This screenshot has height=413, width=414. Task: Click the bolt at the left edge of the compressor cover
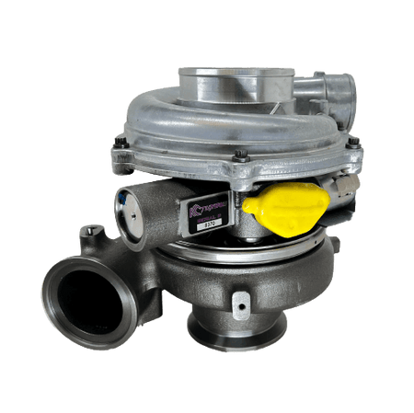point(121,143)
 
